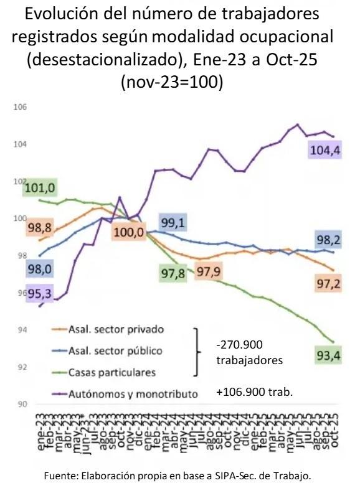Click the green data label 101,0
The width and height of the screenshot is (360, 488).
[40, 187]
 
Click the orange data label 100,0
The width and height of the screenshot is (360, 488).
[128, 233]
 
